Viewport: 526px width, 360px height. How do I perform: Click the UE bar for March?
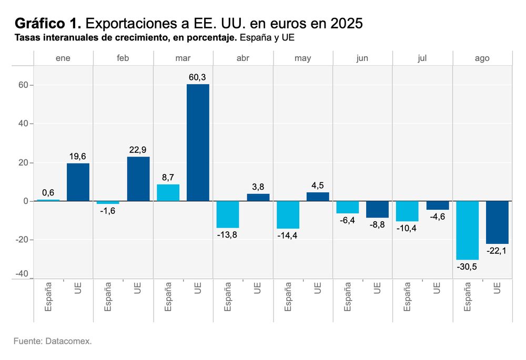tap(198, 142)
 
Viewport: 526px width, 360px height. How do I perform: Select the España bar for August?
tap(467, 230)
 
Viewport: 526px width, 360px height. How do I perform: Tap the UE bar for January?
tap(78, 182)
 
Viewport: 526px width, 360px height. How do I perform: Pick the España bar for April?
tap(228, 214)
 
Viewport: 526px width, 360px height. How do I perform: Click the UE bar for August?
tap(497, 222)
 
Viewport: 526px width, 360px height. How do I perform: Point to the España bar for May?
tap(288, 215)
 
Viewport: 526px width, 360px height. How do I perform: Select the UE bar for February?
tap(138, 179)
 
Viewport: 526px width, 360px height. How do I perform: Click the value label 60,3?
tap(198, 77)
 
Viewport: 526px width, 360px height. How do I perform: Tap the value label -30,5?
tap(467, 266)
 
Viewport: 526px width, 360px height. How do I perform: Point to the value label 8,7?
tap(168, 178)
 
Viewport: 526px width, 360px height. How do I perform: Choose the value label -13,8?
tap(227, 234)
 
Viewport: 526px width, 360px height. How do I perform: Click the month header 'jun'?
tap(362, 58)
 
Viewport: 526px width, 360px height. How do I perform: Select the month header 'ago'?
tap(482, 58)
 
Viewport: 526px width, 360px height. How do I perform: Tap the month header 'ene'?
tap(63, 58)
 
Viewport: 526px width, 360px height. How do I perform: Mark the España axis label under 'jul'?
tap(407, 297)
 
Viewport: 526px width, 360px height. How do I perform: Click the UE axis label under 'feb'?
tap(138, 287)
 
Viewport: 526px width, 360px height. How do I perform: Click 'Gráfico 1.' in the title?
tap(48, 24)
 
